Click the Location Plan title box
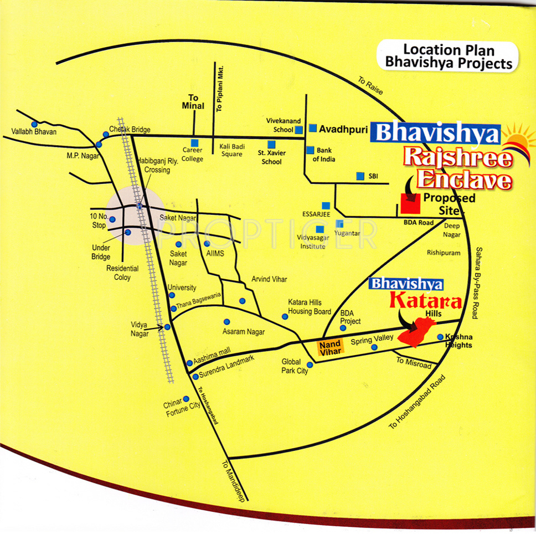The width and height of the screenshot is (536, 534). coord(447,57)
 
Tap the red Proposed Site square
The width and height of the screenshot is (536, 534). coord(410,203)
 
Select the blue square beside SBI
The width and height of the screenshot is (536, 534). coord(360,176)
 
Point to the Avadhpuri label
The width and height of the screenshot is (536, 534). coord(343,129)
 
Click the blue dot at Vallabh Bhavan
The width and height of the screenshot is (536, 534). coord(34,125)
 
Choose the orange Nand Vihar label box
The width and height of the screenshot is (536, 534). coord(330,348)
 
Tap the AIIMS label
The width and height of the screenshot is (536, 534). coord(215,253)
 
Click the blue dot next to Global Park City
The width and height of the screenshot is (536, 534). coord(310,365)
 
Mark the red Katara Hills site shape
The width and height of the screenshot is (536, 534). coord(417,331)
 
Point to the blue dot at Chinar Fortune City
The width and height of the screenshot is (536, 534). coord(186,399)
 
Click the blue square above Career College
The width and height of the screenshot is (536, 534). coord(194,143)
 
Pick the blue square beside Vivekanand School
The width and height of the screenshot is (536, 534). coord(299,130)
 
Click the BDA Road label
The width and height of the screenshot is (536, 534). coord(419,223)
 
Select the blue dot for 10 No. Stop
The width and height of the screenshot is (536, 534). coord(112,219)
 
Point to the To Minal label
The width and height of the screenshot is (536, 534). coord(193,102)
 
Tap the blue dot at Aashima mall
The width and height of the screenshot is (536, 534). coord(189,363)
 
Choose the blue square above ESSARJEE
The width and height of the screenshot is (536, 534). coord(326,206)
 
